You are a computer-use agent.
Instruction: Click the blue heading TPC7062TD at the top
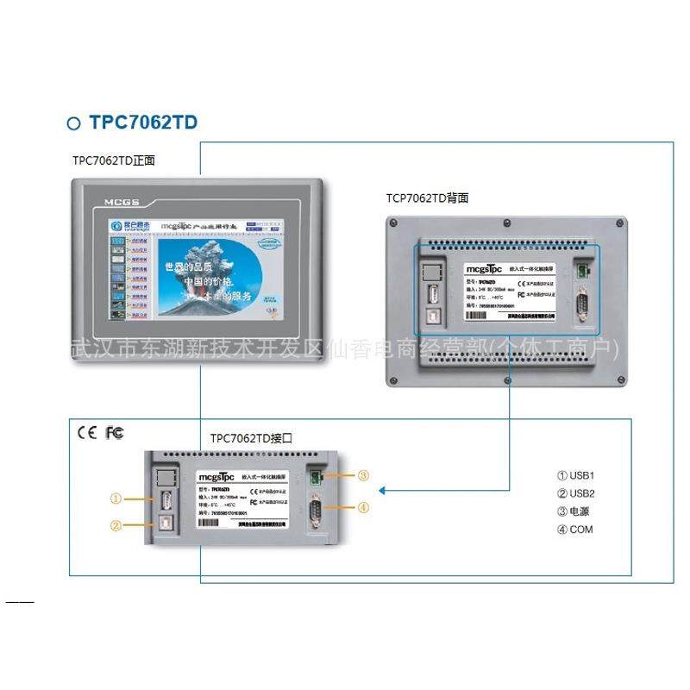143,122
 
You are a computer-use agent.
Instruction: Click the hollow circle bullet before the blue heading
74,123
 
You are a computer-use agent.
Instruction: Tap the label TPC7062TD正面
114,160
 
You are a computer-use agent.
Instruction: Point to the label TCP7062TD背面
427,198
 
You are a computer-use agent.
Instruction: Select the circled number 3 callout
363,475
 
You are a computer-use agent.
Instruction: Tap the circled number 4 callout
363,508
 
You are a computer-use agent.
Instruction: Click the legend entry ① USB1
576,475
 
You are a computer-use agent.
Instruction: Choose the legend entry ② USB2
576,493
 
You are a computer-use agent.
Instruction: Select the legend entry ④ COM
574,530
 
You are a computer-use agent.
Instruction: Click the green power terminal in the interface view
316,475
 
